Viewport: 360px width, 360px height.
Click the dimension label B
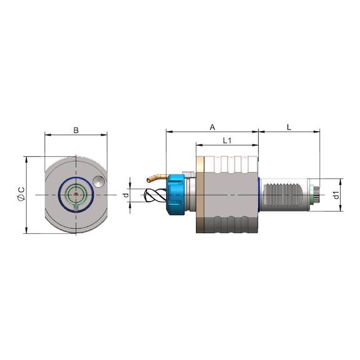(76, 131)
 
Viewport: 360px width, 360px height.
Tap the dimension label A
(212, 127)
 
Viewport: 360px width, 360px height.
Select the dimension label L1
(227, 141)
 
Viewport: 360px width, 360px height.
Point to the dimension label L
(289, 127)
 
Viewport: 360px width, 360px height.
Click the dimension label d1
(336, 195)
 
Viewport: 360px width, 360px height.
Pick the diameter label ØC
(21, 195)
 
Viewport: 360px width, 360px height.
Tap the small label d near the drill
(126, 195)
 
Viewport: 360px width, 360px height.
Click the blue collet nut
(176, 195)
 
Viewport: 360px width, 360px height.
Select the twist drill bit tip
(145, 195)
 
